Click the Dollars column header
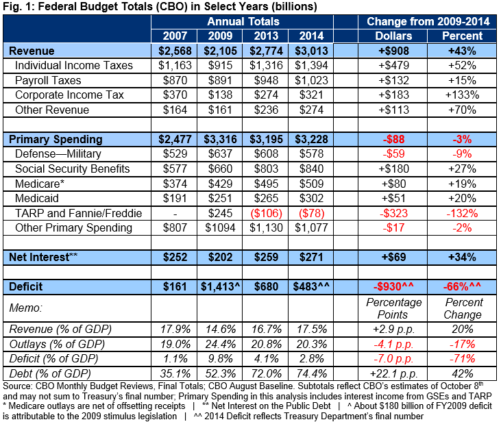click(393, 36)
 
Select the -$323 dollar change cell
click(393, 213)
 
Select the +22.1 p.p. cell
click(393, 373)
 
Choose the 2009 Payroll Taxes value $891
click(221, 81)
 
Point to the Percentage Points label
click(393, 308)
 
